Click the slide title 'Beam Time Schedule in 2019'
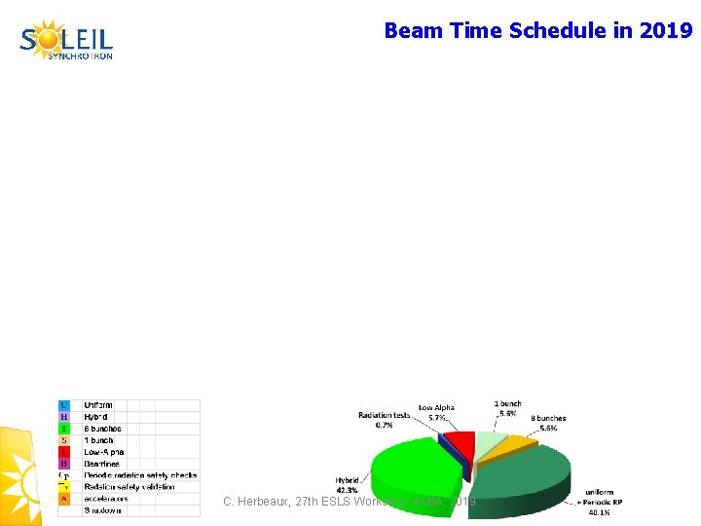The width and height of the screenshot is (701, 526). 537,30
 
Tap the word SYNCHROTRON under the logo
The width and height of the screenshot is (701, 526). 81,56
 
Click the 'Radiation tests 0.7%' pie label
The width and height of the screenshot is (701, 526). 384,420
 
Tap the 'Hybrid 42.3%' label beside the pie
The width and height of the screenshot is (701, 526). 347,484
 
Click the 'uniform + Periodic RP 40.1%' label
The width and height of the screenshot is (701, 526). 598,502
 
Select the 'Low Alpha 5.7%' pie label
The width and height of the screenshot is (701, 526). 436,412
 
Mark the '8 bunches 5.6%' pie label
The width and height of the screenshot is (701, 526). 548,424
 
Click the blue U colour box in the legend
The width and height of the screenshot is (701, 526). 64,405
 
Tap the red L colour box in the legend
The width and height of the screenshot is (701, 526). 64,452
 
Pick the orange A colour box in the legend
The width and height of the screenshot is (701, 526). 64,499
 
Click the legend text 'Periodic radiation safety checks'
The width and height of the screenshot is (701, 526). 140,475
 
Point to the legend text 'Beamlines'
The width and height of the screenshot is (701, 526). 102,464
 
